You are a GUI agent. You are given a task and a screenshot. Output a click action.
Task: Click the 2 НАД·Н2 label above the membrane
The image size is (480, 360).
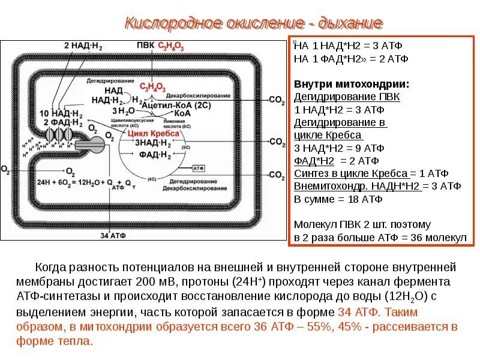pyautogui.click(x=81, y=46)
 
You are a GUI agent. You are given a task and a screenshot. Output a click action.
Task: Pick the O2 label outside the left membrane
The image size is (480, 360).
pyautogui.click(x=5, y=170)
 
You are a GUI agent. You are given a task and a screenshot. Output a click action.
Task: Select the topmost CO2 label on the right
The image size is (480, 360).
pyautogui.click(x=277, y=100)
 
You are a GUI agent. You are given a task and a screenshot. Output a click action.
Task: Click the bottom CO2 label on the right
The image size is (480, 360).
pyautogui.click(x=277, y=175)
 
